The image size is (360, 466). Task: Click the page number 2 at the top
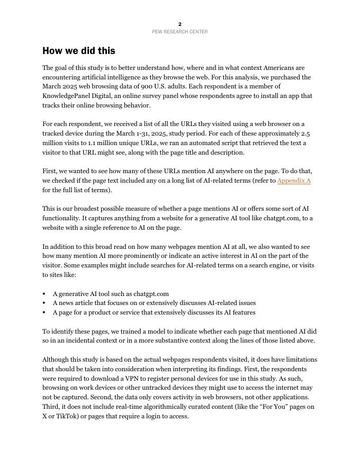pyautogui.click(x=180, y=24)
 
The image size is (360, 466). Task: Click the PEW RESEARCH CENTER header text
pyautogui.click(x=180, y=32)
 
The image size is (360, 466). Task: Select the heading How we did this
pyautogui.click(x=79, y=51)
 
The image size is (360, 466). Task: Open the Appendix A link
pyautogui.click(x=294, y=181)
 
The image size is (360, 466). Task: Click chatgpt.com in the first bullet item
pyautogui.click(x=151, y=294)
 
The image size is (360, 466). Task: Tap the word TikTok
pyautogui.click(x=66, y=416)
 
